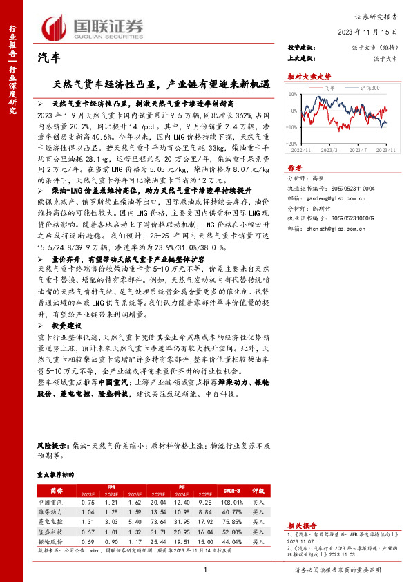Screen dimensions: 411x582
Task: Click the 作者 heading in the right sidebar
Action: coord(294,167)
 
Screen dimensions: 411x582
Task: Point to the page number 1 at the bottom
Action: coord(206,569)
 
